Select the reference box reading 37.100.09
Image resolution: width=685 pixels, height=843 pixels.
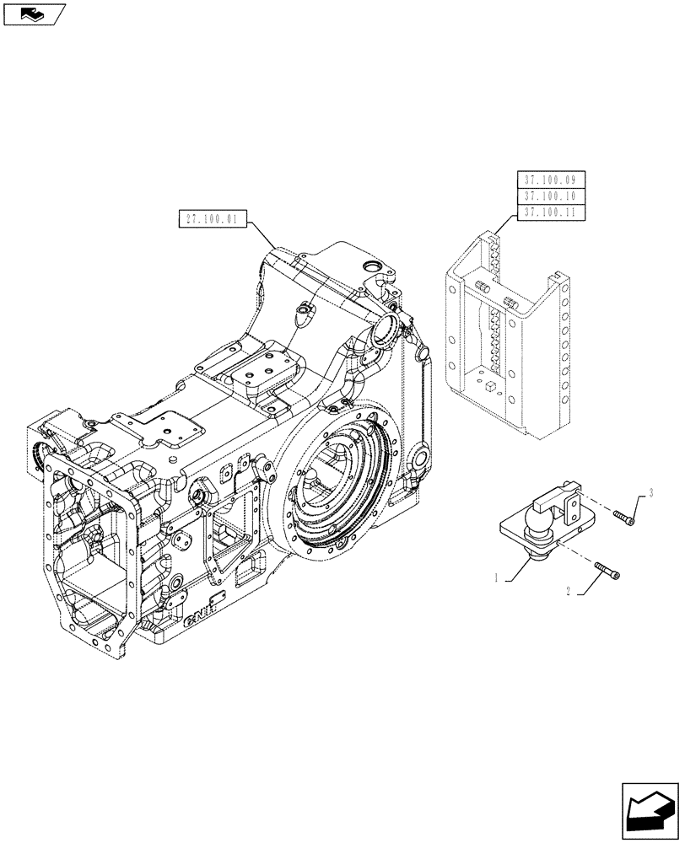[548, 180]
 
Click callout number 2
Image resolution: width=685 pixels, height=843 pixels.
[571, 593]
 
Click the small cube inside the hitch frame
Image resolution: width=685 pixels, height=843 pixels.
[489, 385]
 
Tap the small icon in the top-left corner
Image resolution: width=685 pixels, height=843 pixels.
[33, 13]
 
